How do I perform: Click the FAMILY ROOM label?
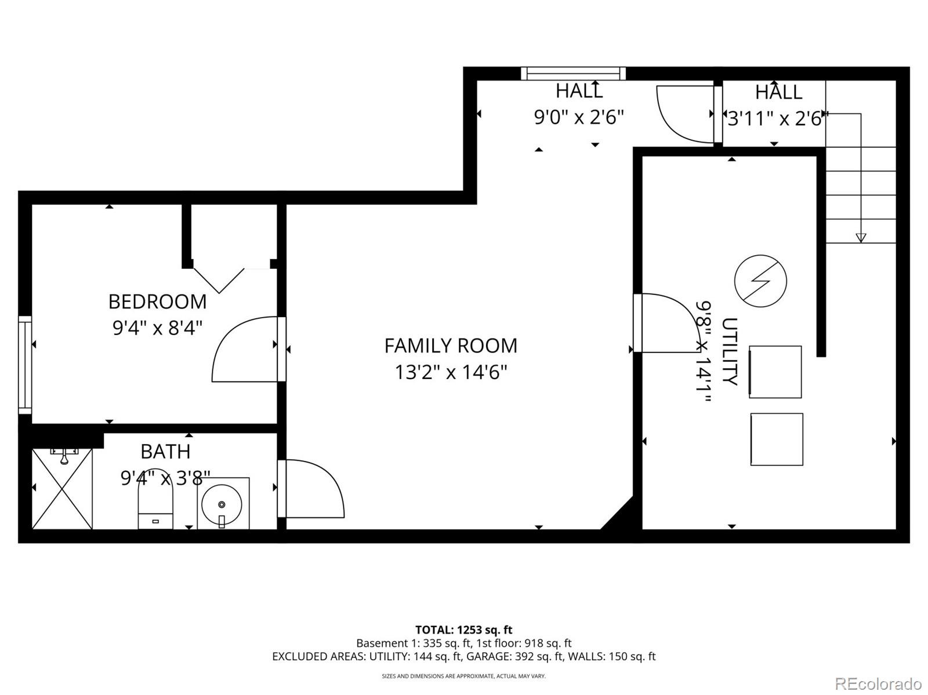click(x=450, y=345)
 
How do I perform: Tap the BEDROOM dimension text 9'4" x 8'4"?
click(x=157, y=328)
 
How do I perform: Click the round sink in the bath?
click(x=222, y=504)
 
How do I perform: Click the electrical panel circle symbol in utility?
click(x=760, y=281)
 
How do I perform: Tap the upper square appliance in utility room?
click(x=775, y=372)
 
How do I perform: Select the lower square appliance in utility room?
click(x=777, y=439)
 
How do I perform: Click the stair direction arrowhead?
click(x=861, y=238)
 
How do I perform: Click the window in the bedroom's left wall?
click(x=25, y=365)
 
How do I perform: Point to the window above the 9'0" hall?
click(x=573, y=73)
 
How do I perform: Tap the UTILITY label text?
click(x=729, y=351)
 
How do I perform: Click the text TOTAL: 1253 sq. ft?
click(x=463, y=629)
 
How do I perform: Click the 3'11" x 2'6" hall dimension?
click(x=777, y=119)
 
